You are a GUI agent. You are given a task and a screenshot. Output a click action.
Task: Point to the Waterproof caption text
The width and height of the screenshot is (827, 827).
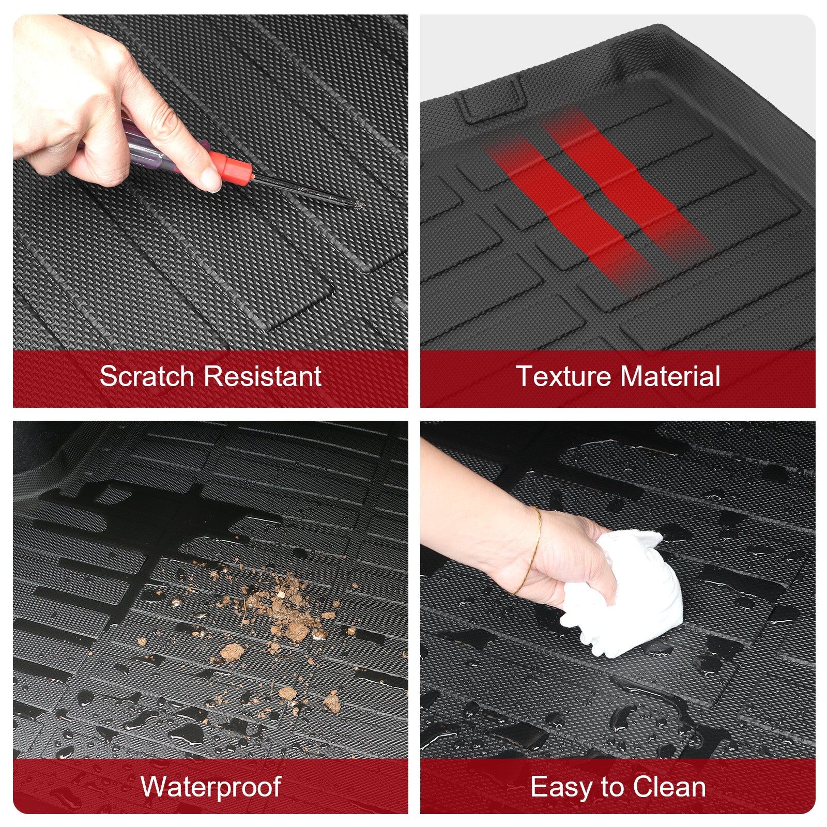(210, 787)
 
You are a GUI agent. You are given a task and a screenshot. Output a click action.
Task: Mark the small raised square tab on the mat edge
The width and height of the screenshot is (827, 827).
(491, 98)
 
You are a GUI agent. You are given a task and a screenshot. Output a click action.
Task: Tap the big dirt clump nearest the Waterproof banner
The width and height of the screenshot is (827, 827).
(331, 701)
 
